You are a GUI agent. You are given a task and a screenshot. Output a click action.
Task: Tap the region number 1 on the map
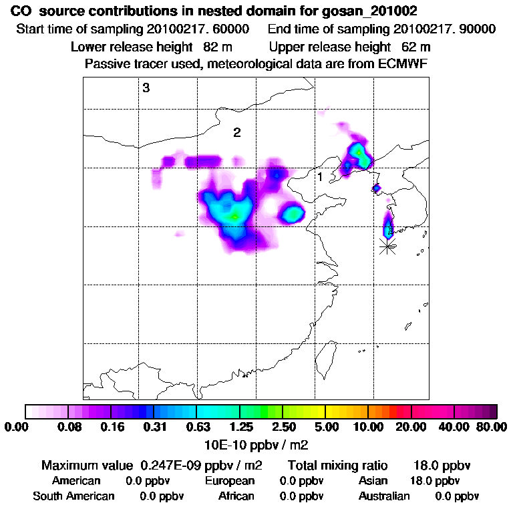coord(320,177)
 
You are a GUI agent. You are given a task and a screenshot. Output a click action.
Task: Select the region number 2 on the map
coord(236,132)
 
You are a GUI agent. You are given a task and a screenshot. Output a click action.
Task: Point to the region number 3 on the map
coord(146,88)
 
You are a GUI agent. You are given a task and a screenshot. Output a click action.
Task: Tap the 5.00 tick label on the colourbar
coord(325,427)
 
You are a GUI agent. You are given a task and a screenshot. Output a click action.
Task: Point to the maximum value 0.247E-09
coord(174,465)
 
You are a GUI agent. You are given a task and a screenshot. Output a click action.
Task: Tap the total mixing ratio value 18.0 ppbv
coord(437,465)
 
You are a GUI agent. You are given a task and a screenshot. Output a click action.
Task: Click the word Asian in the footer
coord(373,481)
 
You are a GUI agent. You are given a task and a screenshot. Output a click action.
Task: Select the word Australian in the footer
coord(384,496)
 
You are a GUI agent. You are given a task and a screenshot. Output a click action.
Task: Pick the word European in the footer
coord(230,481)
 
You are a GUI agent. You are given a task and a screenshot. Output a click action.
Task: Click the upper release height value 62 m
coord(415,47)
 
